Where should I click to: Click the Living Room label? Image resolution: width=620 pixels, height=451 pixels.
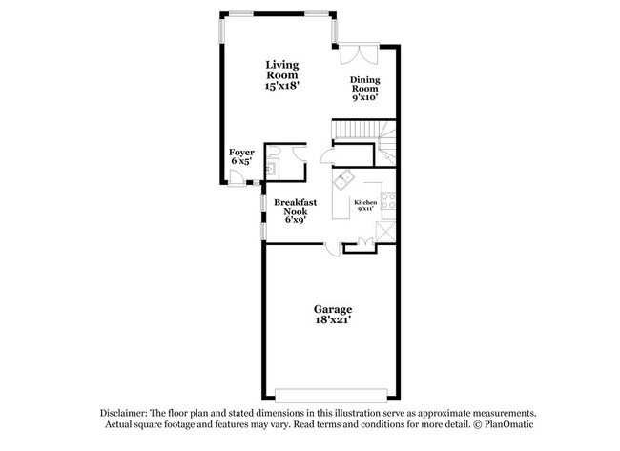(281, 70)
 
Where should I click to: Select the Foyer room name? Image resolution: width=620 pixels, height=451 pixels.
(239, 152)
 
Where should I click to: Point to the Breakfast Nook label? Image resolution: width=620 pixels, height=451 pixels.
(295, 203)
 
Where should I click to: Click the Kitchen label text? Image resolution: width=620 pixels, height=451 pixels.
(366, 203)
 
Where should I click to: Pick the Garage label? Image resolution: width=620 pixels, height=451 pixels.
(333, 310)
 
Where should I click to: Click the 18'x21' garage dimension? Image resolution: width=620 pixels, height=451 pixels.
(333, 323)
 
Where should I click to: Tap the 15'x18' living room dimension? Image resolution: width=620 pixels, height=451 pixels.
(281, 86)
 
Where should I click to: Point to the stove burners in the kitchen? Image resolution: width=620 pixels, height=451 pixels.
(387, 202)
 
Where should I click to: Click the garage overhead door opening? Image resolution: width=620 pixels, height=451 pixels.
(333, 393)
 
